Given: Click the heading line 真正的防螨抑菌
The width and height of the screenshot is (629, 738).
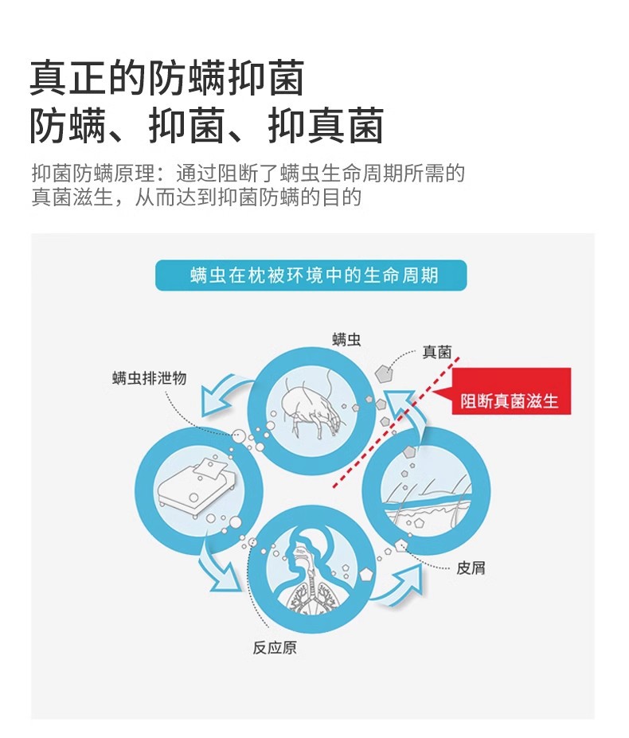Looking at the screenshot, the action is (167, 78).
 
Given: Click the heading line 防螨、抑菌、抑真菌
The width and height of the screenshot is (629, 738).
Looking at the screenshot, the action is (206, 126).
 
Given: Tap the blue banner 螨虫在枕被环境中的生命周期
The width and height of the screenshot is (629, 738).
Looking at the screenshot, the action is (311, 276).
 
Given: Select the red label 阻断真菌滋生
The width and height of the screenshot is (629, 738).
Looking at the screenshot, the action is (510, 400).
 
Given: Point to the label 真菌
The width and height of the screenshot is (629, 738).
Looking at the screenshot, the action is (436, 352).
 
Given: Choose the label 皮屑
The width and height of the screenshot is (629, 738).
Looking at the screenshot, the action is (471, 568).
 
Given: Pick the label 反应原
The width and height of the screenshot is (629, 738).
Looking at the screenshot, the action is (275, 647).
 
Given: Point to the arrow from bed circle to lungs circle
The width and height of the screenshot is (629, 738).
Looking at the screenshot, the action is (218, 568).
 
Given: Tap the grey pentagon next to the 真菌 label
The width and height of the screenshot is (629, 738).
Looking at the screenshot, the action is (386, 371).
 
